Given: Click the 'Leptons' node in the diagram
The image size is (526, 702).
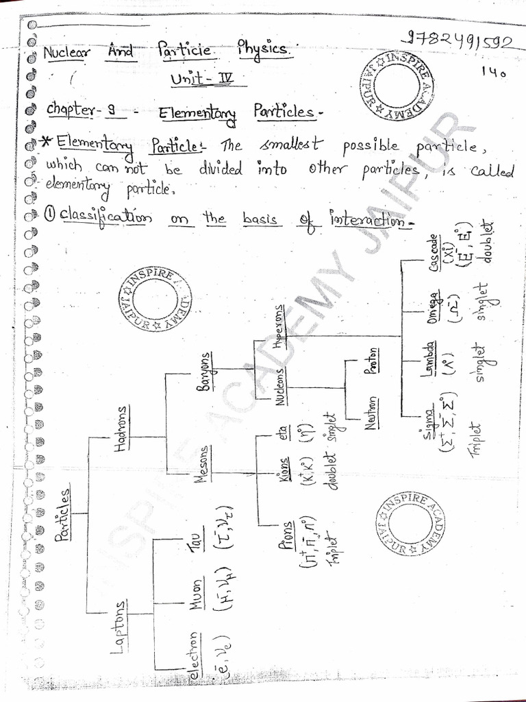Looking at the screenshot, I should pos(121,623).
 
